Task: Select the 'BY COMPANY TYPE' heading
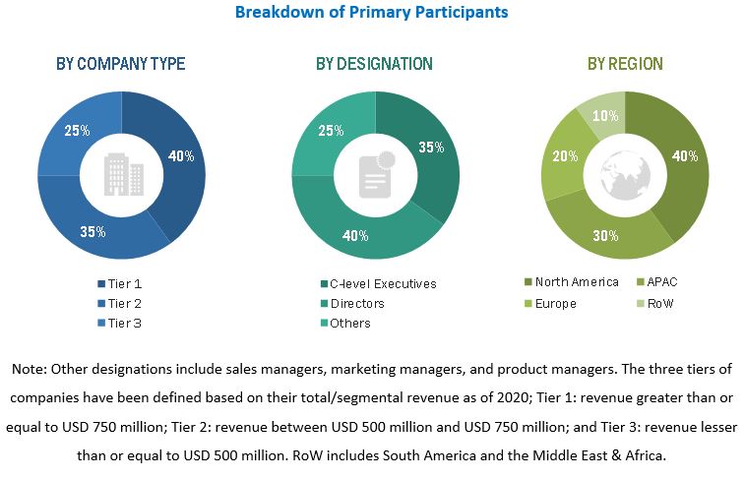[121, 64]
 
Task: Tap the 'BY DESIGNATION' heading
[374, 64]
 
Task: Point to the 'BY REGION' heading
[625, 64]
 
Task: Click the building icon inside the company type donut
[121, 175]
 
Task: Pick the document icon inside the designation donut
[375, 175]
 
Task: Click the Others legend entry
[350, 323]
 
